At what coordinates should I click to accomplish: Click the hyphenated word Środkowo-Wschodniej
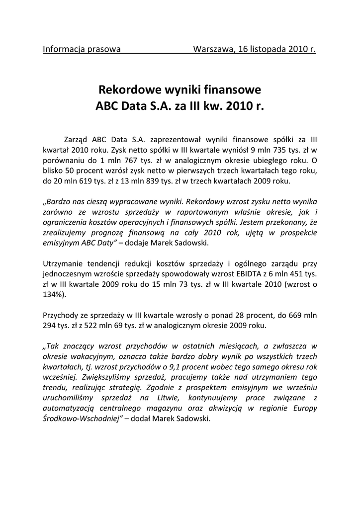[x=80, y=419]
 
